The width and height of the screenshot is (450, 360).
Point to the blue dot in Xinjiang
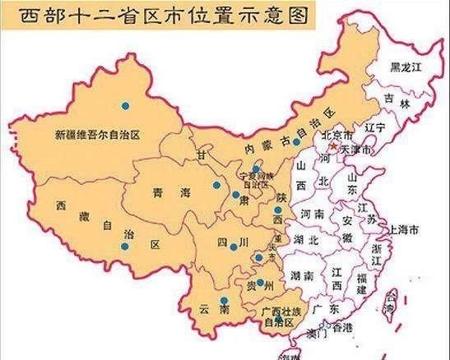pyautogui.click(x=125, y=104)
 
